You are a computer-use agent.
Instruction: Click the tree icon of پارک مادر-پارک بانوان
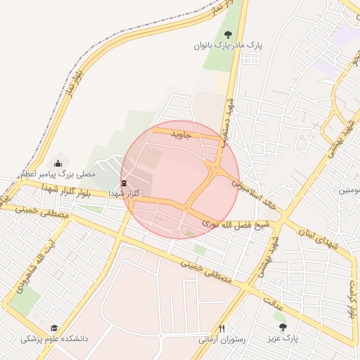point(227,34)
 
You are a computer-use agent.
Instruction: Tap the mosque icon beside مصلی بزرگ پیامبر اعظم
point(58,163)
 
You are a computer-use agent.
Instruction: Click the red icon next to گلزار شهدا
point(124,184)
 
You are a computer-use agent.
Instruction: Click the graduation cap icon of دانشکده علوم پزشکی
point(54,328)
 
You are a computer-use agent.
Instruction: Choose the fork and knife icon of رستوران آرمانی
point(222,328)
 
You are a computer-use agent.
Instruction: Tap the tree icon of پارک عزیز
point(283,328)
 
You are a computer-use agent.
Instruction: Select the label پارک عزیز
point(282,338)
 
